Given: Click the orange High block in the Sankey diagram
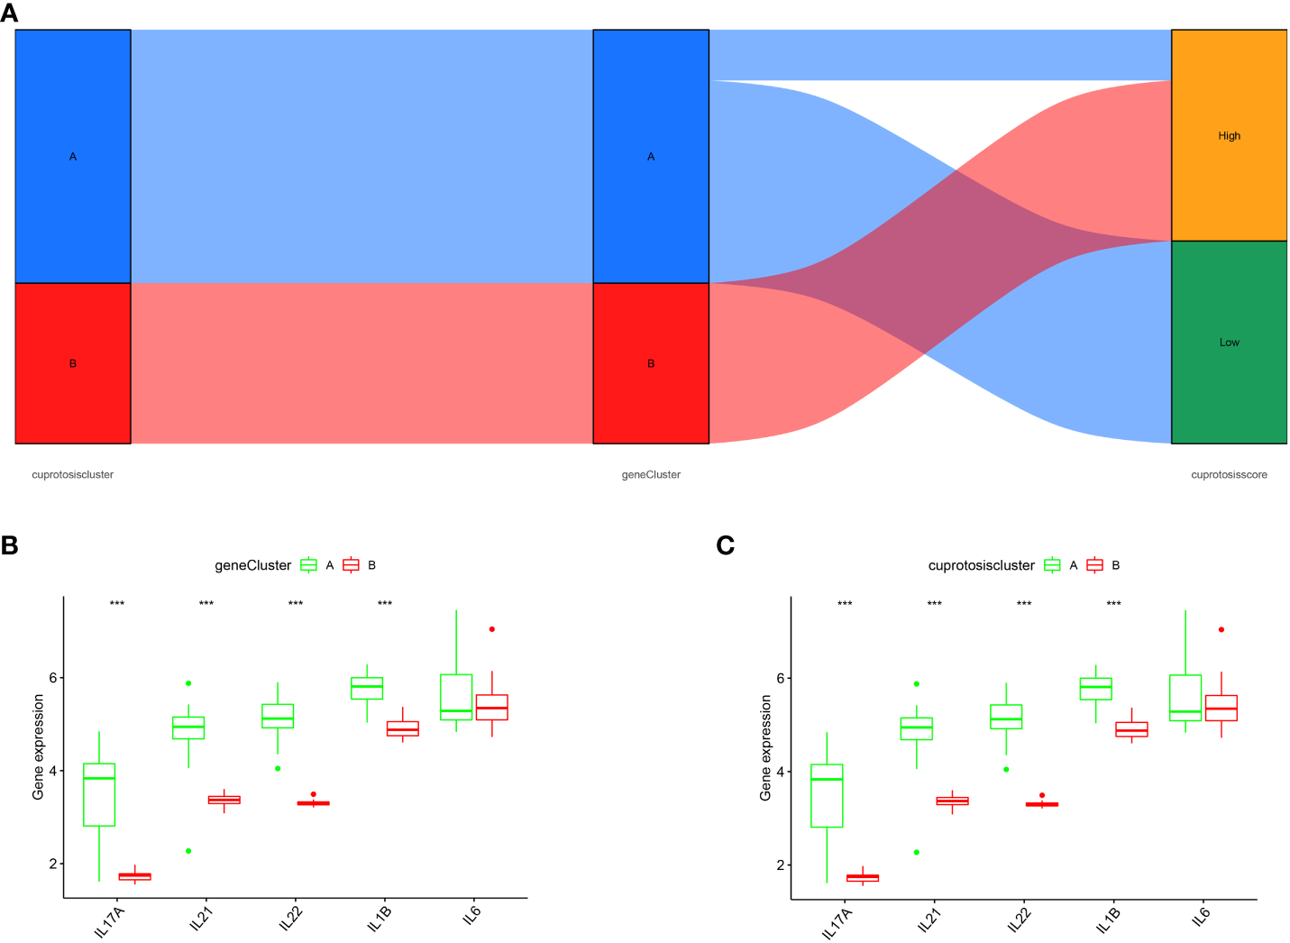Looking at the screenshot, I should point(1229,135).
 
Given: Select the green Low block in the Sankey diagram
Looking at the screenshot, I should point(1229,343).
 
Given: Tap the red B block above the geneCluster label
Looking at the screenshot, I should point(651,363).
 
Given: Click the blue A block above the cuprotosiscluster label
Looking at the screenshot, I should point(73,156).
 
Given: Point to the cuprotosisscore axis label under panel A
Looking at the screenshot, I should point(1229,475).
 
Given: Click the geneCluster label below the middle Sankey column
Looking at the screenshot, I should point(651,475).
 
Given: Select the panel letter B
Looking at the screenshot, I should point(10,546).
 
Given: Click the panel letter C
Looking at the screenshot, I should point(725,546).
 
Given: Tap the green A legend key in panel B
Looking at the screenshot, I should point(309,565).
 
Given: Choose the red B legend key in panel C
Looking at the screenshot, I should point(1095,565).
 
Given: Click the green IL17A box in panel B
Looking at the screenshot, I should point(99,794).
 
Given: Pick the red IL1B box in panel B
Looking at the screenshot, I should point(403,728).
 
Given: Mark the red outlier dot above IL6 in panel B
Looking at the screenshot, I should point(492,629).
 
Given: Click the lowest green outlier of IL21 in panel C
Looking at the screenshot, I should point(917,852).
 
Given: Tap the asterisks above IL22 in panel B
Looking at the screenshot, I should point(296,604).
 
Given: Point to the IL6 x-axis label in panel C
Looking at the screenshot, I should point(1201,917).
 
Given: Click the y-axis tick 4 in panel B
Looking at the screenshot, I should point(52,771).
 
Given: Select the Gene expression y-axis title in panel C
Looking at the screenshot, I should point(765,747).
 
